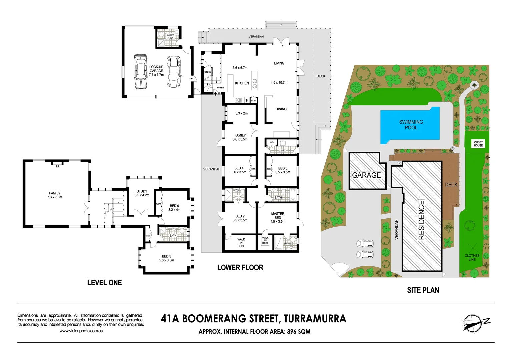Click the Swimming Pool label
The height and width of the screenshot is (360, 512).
coord(411,125)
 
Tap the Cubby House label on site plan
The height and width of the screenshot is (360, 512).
coord(478,144)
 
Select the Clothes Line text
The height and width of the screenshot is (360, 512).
coord(472,257)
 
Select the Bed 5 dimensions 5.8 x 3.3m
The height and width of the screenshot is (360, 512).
coord(166,260)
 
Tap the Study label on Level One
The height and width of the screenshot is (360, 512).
coord(142,191)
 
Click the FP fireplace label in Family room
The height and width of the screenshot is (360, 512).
coord(57,166)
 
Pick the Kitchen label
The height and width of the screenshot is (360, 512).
coord(242,83)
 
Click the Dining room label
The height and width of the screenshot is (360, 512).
coord(281,109)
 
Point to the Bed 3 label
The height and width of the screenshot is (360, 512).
coord(283,168)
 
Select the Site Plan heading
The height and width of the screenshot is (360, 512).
coord(423,290)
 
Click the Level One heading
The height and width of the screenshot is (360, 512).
coord(104,283)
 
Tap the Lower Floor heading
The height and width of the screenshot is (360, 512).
coord(240,268)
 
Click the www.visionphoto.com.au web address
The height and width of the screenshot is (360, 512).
coord(81,331)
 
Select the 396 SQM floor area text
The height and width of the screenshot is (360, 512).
coord(298,332)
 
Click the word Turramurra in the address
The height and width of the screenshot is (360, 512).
coord(315,319)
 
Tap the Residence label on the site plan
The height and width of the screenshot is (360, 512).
coord(421,220)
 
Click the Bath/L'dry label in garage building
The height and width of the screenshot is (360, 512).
coord(170,36)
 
